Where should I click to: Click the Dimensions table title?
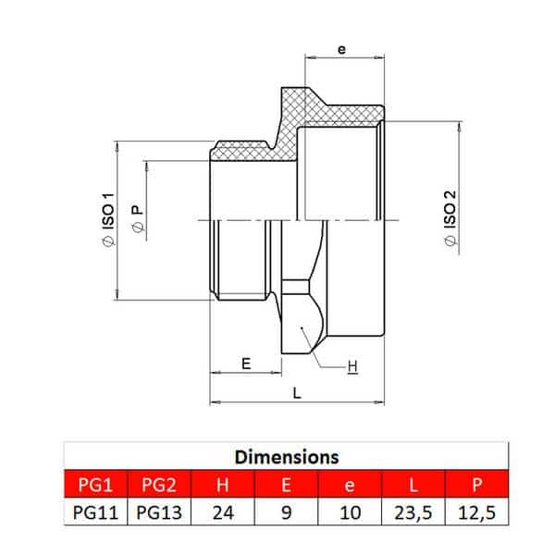point(287,457)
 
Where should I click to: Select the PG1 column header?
point(95,485)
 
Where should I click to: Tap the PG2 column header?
point(159,485)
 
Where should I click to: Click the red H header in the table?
point(223,485)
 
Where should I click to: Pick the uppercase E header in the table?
point(286,485)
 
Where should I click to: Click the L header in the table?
point(413,485)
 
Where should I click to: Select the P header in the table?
point(476,485)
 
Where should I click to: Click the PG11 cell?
point(95,512)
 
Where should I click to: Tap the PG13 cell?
point(159,512)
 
